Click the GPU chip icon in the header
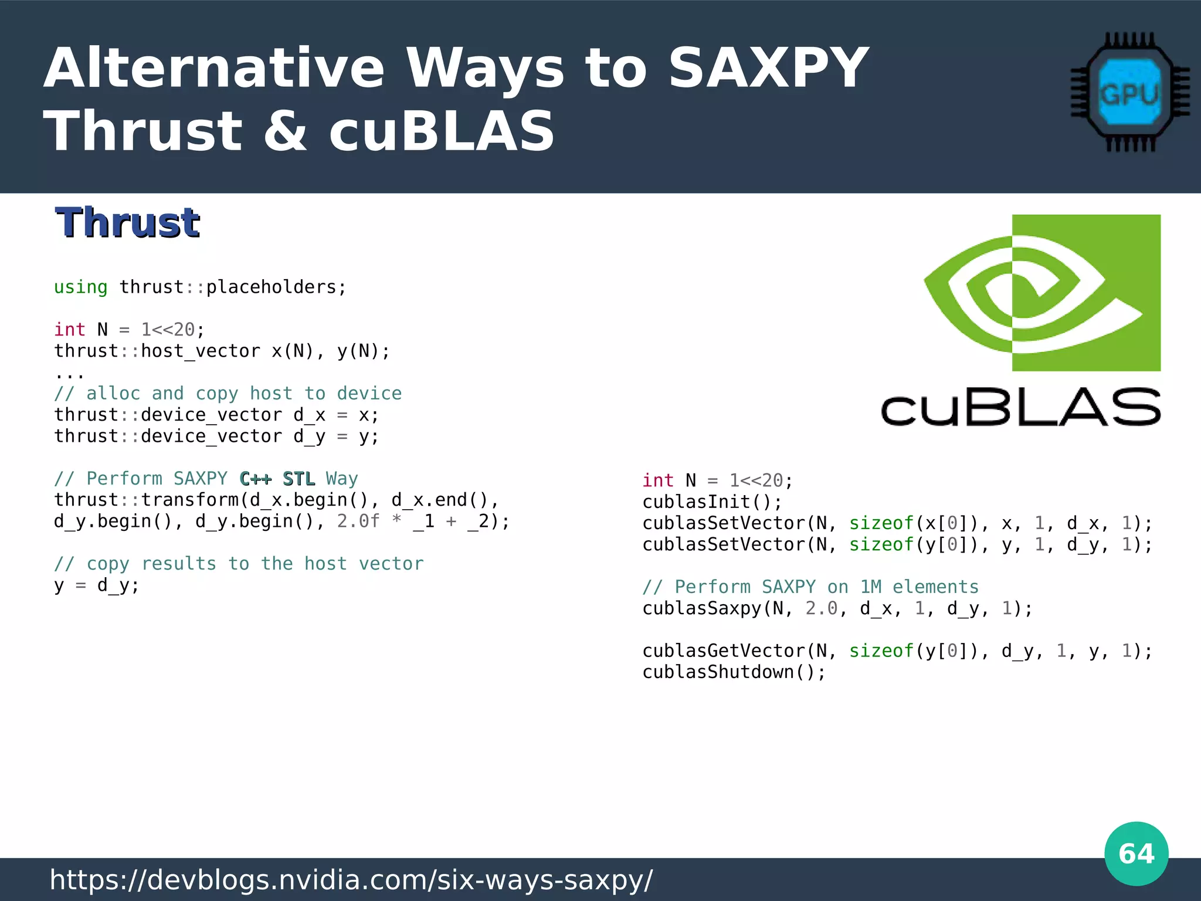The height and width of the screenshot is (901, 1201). (1129, 93)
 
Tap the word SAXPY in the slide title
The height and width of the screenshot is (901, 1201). (768, 69)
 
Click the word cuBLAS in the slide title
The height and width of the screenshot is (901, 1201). (441, 131)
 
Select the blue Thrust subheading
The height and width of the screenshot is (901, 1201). (127, 223)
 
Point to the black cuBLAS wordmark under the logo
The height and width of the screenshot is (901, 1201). (1020, 407)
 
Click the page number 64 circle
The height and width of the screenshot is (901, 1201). (1136, 853)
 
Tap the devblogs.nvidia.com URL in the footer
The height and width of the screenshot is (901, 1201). (351, 879)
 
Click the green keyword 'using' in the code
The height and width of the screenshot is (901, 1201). (80, 287)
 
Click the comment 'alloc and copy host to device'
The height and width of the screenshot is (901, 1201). (243, 394)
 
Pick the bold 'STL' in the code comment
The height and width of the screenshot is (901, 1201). (298, 479)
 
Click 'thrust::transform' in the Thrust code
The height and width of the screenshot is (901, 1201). (146, 500)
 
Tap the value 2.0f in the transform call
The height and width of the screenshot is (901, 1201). (358, 521)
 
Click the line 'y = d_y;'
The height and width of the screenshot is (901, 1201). (97, 585)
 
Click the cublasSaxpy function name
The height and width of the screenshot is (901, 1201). (701, 608)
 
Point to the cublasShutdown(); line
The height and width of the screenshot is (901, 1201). (734, 672)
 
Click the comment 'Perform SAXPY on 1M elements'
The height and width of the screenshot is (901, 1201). (826, 587)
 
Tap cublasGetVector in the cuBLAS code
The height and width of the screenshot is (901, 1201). (723, 651)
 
